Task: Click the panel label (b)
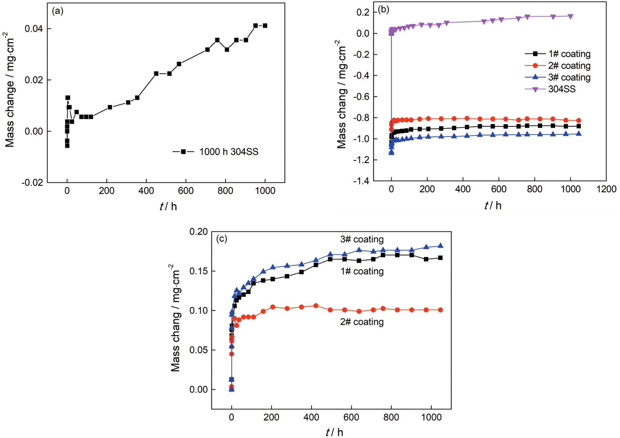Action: [383, 9]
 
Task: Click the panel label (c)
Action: [222, 239]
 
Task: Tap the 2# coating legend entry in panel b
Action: [569, 66]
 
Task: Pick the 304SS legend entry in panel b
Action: [561, 89]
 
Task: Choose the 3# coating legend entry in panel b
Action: [569, 77]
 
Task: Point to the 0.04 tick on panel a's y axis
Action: [33, 29]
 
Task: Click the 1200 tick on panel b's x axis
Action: [606, 189]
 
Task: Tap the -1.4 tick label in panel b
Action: [361, 181]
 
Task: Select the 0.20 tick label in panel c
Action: [198, 232]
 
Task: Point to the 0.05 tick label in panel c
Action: [198, 350]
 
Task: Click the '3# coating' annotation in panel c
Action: [362, 239]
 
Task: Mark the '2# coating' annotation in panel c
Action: [362, 322]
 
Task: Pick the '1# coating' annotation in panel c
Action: [362, 271]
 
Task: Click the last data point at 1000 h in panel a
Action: [265, 25]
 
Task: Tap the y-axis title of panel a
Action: [10, 90]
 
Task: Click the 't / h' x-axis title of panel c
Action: [334, 432]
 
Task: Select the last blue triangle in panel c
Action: [440, 246]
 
